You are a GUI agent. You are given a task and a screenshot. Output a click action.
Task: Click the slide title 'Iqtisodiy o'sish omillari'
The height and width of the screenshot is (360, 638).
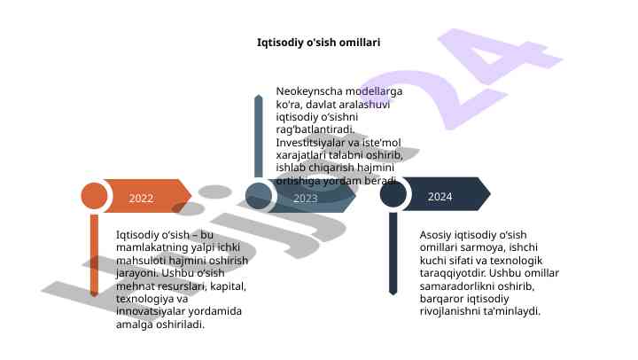point(318,42)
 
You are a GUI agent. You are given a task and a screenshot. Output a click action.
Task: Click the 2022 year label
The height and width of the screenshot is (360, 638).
point(141,198)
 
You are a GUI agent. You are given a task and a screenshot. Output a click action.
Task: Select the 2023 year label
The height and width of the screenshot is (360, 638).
point(305,199)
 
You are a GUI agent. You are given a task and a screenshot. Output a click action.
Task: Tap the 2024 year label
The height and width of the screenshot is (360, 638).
point(440,196)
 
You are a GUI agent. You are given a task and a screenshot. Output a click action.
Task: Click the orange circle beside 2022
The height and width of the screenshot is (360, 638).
point(95,197)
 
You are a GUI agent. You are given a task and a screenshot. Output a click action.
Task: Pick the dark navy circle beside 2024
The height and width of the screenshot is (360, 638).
point(393,195)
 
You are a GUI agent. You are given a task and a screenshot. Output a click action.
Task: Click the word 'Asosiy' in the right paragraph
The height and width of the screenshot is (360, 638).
point(435,235)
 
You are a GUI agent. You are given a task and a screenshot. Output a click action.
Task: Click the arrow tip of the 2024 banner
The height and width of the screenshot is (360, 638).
point(486,195)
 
